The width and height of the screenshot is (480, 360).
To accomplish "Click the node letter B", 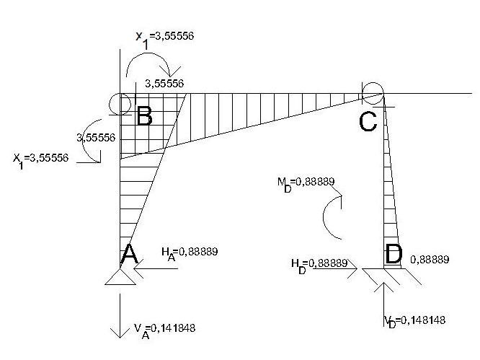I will coord(144,115).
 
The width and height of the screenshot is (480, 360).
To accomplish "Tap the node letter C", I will coord(368,121).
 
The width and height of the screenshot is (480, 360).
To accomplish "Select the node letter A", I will coord(129,254).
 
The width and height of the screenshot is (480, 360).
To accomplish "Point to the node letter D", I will coord(394,254).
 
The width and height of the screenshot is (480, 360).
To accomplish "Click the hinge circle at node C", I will coord(373,92).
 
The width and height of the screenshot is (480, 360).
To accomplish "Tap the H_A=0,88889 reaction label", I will coord(189,252).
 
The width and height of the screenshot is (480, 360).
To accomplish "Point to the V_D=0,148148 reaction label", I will coord(419,320).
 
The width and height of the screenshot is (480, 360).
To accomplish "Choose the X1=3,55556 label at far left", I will coord(40,158).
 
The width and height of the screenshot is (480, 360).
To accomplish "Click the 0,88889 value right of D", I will coord(430,259).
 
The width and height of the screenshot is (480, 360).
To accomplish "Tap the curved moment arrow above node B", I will coord(147,66).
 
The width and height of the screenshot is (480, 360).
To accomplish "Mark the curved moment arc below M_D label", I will coord(332,220).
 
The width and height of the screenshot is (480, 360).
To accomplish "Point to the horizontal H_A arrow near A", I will coord(154,271).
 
